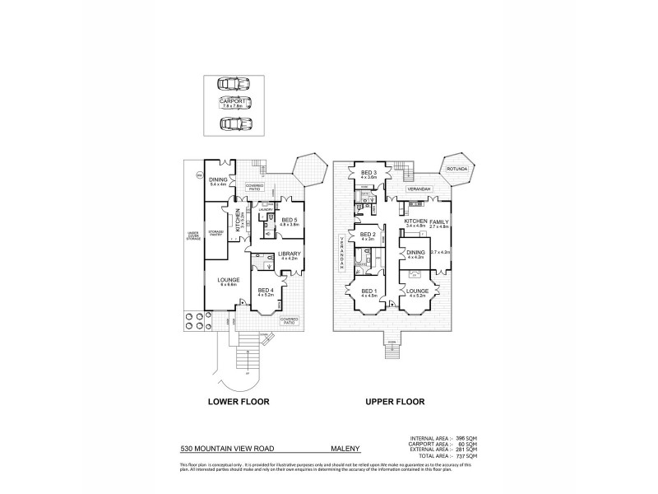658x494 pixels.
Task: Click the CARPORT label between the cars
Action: pyautogui.click(x=234, y=102)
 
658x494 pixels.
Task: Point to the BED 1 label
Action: pyautogui.click(x=368, y=291)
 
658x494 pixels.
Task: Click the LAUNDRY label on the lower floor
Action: pyautogui.click(x=265, y=210)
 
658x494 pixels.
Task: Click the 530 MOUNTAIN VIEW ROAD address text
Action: pyautogui.click(x=216, y=450)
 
